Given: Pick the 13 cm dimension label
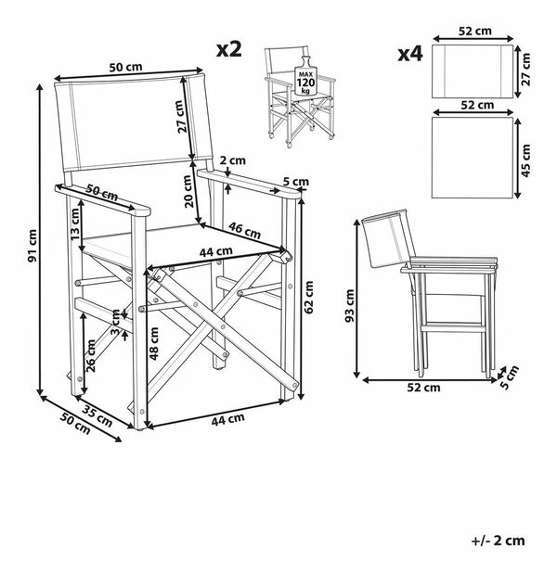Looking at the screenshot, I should [x=74, y=223].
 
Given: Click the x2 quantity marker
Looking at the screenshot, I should [x=228, y=49].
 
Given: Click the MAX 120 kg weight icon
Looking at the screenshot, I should [x=303, y=77].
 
